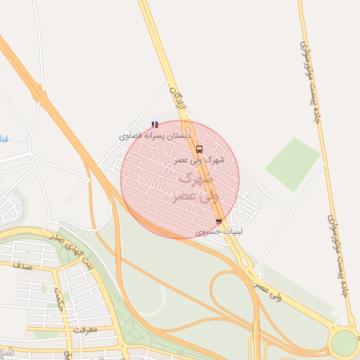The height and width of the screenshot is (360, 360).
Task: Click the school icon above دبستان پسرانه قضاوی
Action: (x=155, y=124)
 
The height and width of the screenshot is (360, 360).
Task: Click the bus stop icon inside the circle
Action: (x=200, y=149)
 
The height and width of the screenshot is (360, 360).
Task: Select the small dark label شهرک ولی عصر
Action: (x=200, y=160)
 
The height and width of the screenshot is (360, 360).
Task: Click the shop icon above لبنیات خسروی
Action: (x=219, y=221)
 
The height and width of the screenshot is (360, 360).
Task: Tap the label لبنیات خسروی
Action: (x=219, y=231)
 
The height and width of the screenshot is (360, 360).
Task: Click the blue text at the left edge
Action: (x=4, y=139)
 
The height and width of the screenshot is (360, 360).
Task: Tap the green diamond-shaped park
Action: (x=292, y=164)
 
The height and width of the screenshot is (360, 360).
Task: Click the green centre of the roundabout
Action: (x=344, y=342)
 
